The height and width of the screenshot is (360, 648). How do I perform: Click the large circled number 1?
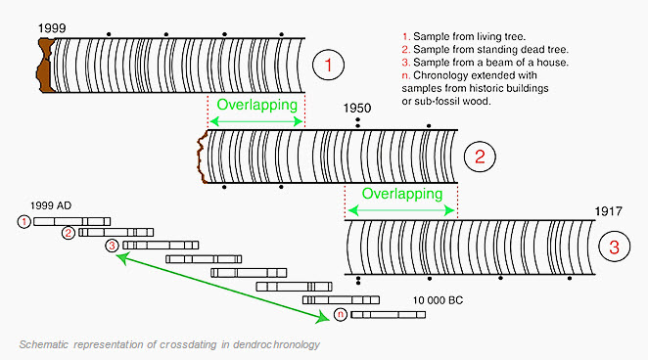(329, 66)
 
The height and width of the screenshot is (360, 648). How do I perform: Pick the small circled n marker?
(340, 314)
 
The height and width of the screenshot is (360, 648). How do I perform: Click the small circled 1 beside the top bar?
(24, 222)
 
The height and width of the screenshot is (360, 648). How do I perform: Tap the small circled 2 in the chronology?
(68, 233)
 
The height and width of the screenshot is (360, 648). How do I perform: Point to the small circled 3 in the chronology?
(112, 246)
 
